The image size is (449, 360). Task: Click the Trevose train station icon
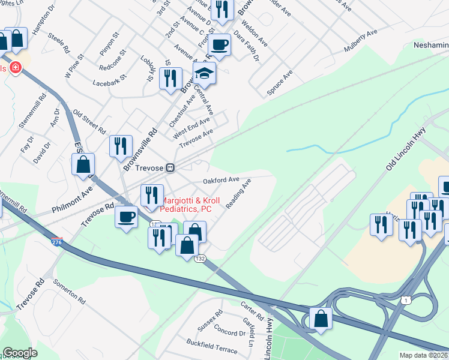[171, 168]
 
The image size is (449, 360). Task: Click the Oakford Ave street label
[221, 180]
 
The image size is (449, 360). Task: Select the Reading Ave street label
[238, 194]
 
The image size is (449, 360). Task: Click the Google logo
[20, 353]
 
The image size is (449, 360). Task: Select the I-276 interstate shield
[56, 241]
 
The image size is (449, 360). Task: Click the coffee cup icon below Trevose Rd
[126, 217]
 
